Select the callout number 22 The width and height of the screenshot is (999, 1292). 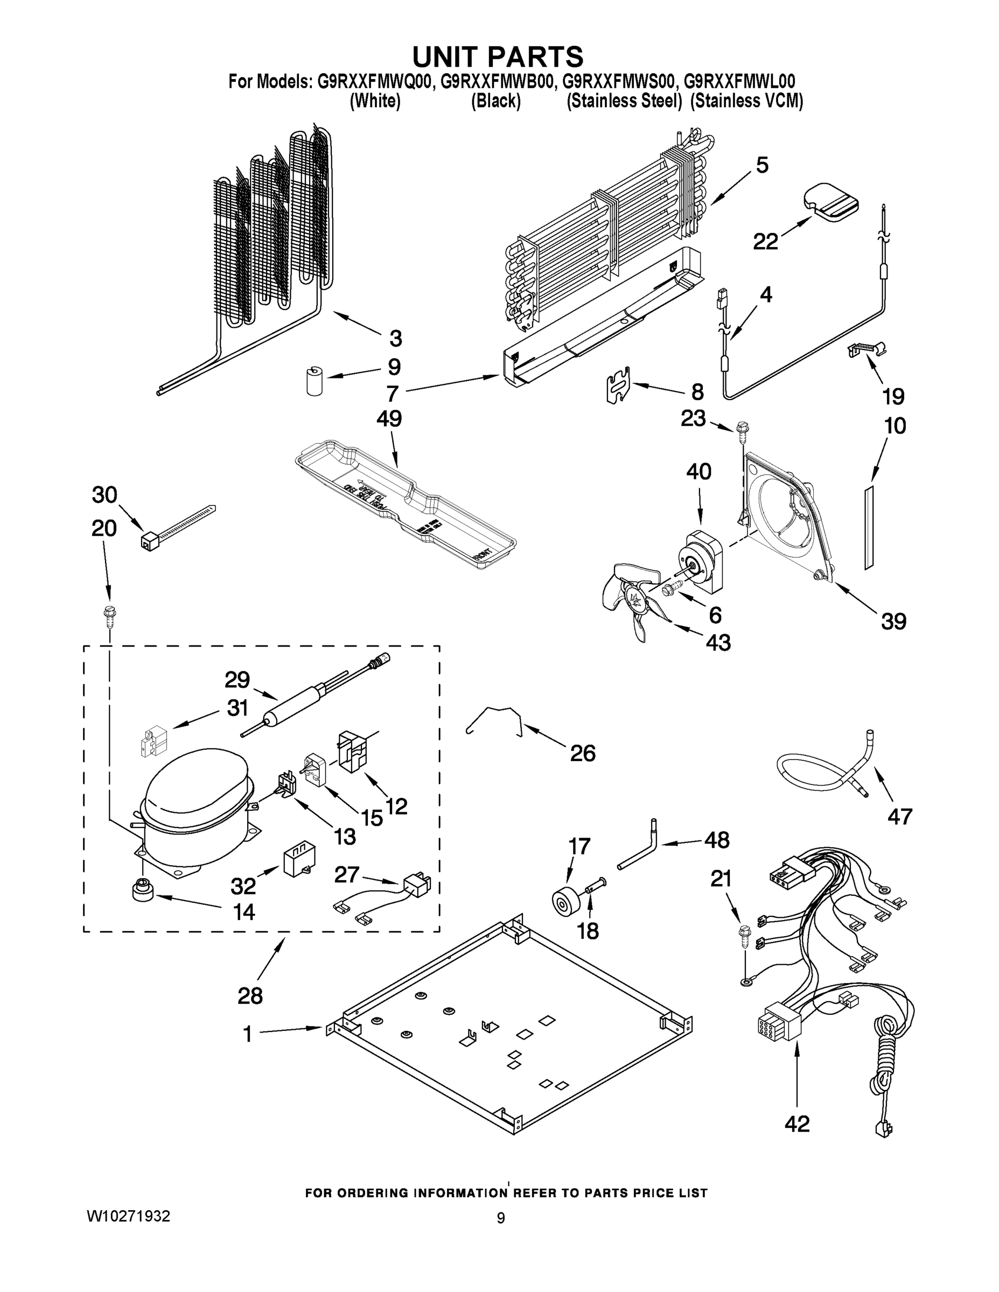click(x=765, y=241)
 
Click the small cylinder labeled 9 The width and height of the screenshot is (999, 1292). click(x=315, y=381)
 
